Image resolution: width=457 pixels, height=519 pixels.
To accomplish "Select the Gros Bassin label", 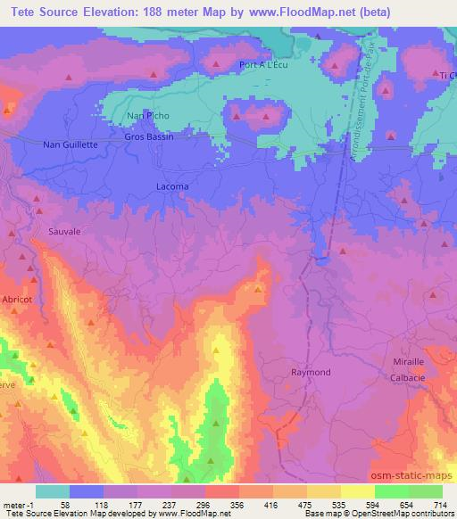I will [x=148, y=138].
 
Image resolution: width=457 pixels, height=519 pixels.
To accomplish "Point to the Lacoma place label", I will [x=172, y=185].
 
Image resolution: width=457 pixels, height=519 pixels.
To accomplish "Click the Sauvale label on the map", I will [x=65, y=230].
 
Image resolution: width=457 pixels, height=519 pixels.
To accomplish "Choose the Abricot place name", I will [x=17, y=301].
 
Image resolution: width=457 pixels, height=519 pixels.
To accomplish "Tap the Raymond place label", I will [x=312, y=372].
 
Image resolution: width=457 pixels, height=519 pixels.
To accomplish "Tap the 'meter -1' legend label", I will [x=17, y=504].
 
